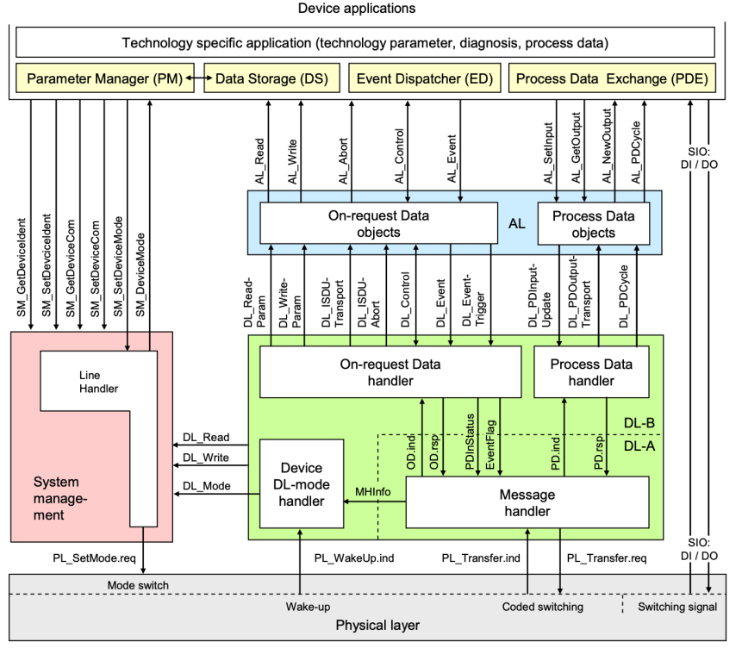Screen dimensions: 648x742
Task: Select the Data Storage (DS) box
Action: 271,79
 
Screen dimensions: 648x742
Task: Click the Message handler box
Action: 527,503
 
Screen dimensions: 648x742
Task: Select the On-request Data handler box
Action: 390,372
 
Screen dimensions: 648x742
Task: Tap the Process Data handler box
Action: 590,372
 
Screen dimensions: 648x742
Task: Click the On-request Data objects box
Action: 378,224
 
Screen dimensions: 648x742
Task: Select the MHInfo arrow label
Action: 373,492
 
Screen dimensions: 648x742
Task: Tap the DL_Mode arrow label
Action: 200,486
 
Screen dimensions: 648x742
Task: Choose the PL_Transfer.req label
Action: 607,558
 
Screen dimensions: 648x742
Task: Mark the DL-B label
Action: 639,422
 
